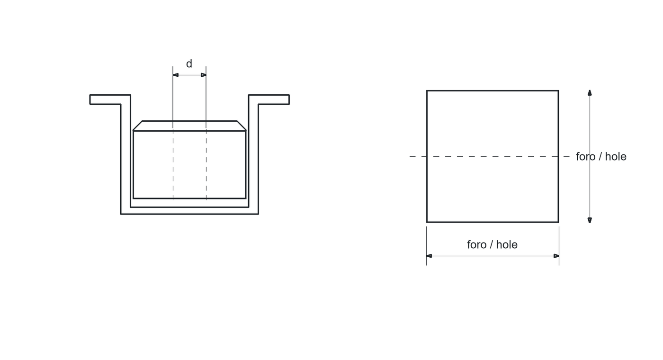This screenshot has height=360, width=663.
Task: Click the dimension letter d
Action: click(x=189, y=63)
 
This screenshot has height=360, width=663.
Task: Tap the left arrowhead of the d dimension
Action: click(x=176, y=75)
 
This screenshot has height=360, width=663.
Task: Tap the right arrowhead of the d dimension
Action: click(x=203, y=75)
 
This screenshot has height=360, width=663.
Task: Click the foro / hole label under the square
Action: click(x=492, y=244)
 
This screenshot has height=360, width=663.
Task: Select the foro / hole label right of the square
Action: click(x=601, y=157)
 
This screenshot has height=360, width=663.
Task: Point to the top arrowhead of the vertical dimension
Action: click(x=590, y=93)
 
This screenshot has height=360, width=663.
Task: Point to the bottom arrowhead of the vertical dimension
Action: click(x=590, y=220)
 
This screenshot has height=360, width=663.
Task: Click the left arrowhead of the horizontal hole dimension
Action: click(x=429, y=256)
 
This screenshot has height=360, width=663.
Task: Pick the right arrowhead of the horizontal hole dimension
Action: click(x=556, y=256)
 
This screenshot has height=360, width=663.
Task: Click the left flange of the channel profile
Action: click(x=110, y=99)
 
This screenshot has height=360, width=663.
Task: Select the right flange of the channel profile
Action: click(x=269, y=99)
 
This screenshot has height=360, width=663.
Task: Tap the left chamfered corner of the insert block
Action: click(x=138, y=126)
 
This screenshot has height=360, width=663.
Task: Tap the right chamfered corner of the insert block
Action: click(x=242, y=126)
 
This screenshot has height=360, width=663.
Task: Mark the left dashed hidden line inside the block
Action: click(x=173, y=165)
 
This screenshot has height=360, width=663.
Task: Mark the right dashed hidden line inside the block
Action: click(x=206, y=165)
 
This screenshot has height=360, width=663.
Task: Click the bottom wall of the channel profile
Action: click(x=189, y=210)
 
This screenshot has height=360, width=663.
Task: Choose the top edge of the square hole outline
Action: click(x=493, y=90)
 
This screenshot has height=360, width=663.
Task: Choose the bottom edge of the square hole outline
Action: click(x=493, y=222)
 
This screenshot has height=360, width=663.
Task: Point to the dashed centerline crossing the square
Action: click(x=490, y=156)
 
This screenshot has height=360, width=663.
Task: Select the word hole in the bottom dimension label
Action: click(x=507, y=244)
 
